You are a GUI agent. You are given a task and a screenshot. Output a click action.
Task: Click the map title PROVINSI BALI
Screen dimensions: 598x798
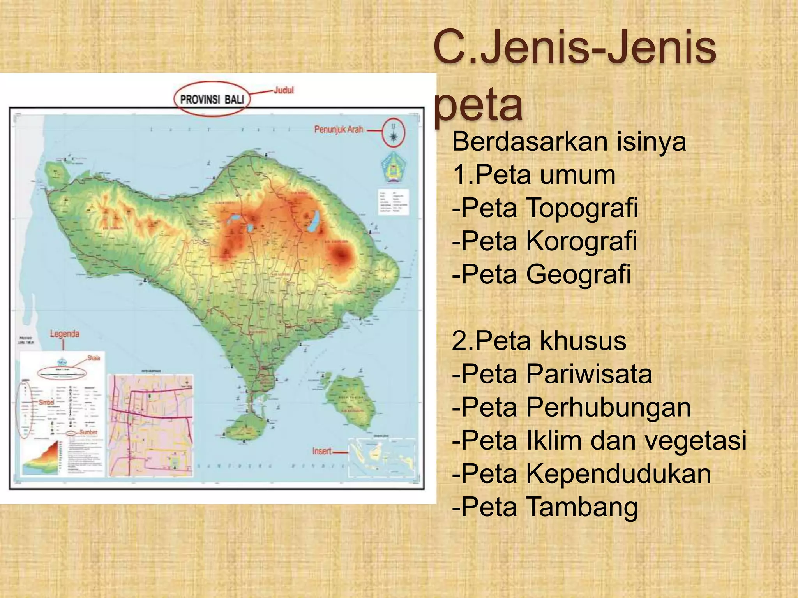tap(212, 100)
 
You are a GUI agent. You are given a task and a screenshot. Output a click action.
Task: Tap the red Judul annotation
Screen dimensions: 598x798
tap(283, 90)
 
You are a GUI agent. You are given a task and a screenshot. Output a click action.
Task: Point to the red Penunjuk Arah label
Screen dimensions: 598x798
tap(339, 129)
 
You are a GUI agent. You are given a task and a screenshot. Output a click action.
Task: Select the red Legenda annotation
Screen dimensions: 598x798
tap(65, 334)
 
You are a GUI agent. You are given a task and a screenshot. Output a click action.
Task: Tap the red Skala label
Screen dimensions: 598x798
tap(94, 358)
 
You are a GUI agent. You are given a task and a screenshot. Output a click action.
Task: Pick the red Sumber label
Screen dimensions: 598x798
tap(88, 432)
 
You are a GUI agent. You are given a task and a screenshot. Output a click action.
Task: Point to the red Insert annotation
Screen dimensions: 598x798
tap(322, 451)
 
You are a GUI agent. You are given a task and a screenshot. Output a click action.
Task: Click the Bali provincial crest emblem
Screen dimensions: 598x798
tap(393, 167)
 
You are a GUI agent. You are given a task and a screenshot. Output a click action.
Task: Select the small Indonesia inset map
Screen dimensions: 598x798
tap(382, 457)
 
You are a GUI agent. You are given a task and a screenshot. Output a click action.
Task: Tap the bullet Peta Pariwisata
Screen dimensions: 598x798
tap(552, 374)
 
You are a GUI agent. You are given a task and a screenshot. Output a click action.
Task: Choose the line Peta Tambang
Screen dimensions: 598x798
tap(545, 507)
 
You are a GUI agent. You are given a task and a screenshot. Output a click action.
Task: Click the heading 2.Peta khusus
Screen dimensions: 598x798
tap(539, 341)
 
